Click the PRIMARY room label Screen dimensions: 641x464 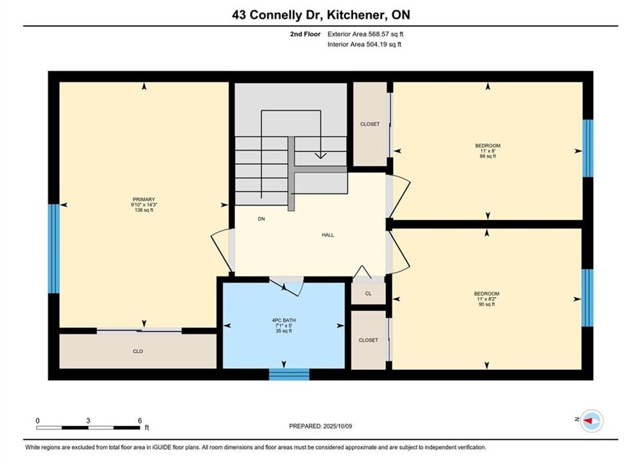click(144, 200)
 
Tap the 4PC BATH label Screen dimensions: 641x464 click(283, 320)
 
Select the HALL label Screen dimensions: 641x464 click(328, 235)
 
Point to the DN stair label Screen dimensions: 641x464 click(261, 219)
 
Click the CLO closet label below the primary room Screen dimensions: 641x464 click(138, 352)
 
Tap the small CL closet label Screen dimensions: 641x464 click(368, 293)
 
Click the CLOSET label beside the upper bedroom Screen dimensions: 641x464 click(370, 124)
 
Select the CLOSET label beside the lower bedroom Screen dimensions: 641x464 click(368, 340)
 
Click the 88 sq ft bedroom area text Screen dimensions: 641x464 click(488, 156)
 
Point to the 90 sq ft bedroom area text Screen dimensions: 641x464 click(486, 304)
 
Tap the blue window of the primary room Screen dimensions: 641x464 click(54, 249)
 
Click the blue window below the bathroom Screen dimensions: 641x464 click(289, 374)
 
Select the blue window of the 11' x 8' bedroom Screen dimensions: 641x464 click(588, 148)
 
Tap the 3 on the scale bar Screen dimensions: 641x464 click(88, 420)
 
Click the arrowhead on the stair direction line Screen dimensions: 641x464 click(321, 156)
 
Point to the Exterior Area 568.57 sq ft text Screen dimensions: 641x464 click(365, 34)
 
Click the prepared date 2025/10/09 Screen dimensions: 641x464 click(338, 426)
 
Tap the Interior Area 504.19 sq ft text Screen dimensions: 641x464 click(364, 44)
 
